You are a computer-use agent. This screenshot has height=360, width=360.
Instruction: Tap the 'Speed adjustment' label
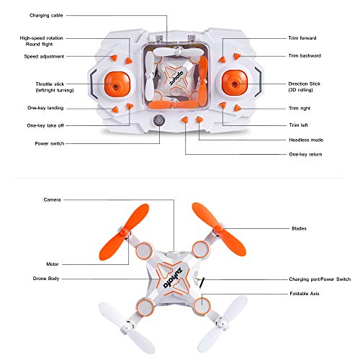pyautogui.click(x=44, y=55)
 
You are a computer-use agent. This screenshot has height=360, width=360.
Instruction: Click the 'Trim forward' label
pyautogui.click(x=302, y=37)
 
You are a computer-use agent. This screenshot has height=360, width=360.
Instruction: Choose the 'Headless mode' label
pyautogui.click(x=305, y=140)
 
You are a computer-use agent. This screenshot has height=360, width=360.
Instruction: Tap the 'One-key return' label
pyautogui.click(x=305, y=154)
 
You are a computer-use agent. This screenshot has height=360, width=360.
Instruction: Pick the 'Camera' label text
pyautogui.click(x=51, y=199)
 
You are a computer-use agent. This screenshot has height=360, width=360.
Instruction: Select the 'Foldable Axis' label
pyautogui.click(x=304, y=293)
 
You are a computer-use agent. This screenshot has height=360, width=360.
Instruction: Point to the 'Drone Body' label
pyautogui.click(x=48, y=277)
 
